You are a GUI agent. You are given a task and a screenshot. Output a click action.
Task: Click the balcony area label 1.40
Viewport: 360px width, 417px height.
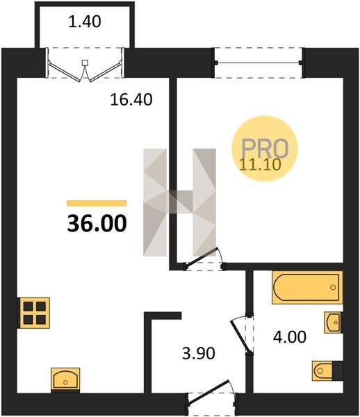pyautogui.click(x=85, y=22)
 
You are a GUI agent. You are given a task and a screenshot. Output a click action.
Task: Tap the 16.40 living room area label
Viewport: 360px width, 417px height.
pyautogui.click(x=131, y=99)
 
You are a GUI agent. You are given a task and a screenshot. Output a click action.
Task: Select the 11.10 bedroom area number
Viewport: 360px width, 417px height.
pyautogui.click(x=260, y=164)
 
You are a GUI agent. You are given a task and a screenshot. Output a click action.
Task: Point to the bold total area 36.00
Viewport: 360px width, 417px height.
pyautogui.click(x=97, y=223)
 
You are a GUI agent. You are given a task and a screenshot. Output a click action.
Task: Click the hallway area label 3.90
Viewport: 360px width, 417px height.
pyautogui.click(x=199, y=354)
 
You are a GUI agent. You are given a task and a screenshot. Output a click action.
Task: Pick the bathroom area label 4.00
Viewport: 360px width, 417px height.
pyautogui.click(x=290, y=337)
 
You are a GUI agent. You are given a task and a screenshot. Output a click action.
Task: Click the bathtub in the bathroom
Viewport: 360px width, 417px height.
pyautogui.click(x=307, y=287)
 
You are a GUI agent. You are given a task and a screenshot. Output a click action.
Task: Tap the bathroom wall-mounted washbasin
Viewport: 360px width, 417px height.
pyautogui.click(x=333, y=322)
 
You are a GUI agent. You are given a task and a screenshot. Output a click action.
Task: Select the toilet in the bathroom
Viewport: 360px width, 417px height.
pyautogui.click(x=327, y=370)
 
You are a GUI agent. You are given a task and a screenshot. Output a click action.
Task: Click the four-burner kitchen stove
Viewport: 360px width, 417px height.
pyautogui.click(x=34, y=313)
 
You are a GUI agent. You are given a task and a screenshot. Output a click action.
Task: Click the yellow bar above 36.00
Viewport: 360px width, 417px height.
pyautogui.click(x=97, y=203)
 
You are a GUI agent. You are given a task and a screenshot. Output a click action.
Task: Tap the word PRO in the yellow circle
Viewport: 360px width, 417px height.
pyautogui.click(x=265, y=149)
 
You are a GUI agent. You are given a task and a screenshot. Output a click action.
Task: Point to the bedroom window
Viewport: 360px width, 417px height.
pyautogui.click(x=259, y=63)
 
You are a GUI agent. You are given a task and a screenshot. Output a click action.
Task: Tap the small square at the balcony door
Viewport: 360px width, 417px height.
pyautogui.click(x=85, y=63)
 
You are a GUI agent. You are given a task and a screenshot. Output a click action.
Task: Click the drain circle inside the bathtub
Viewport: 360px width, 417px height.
pyautogui.click(x=333, y=287)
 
